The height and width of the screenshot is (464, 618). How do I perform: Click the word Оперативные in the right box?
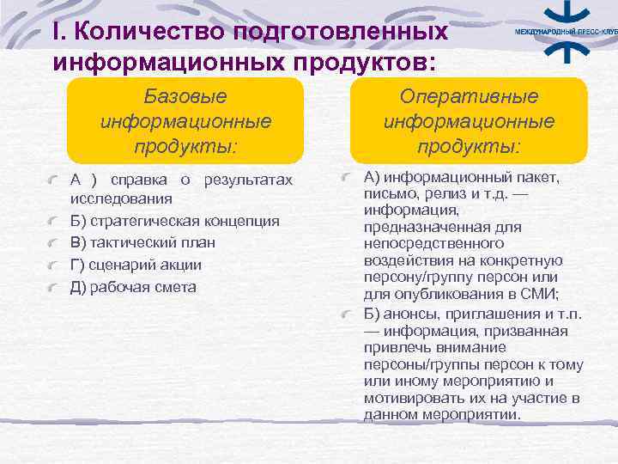469,97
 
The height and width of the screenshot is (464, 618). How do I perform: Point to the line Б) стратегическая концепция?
174,221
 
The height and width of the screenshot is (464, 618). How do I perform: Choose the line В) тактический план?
142,242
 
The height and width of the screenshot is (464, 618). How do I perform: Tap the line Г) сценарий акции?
136,265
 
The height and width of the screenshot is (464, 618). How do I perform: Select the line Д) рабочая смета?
133,287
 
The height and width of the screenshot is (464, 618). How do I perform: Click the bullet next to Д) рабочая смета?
55,287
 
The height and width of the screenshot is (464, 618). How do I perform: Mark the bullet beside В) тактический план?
55,242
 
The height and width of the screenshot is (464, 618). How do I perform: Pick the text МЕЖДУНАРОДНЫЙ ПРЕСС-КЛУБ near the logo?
565,31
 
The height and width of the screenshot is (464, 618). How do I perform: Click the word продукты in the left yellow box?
185,146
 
